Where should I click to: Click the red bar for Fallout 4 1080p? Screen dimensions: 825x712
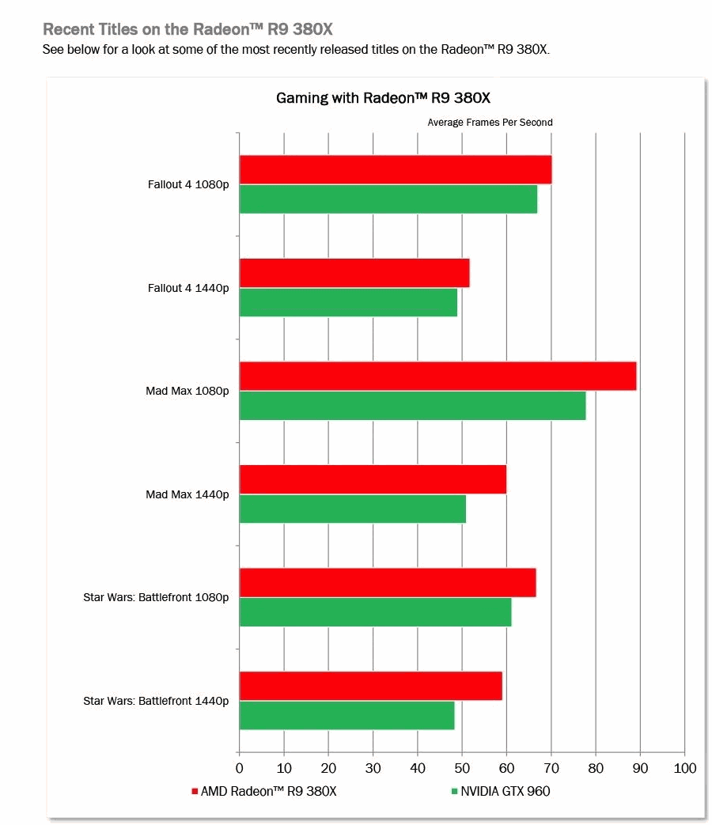click(395, 169)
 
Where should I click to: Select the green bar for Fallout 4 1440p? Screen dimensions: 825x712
click(348, 302)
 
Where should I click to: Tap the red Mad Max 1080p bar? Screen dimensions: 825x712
click(437, 376)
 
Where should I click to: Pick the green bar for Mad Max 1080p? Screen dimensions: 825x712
click(412, 405)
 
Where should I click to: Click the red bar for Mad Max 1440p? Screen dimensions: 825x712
click(373, 479)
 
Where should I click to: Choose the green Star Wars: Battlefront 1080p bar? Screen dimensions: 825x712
click(375, 612)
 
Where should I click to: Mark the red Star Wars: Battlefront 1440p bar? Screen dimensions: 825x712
click(370, 686)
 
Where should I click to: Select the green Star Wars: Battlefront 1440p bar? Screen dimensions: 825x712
click(347, 715)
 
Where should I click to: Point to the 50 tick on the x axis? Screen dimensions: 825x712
click(462, 768)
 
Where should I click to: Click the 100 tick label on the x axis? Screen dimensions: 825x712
click(684, 768)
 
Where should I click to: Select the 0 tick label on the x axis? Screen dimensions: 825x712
click(240, 768)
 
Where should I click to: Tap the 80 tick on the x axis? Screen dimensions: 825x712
click(596, 768)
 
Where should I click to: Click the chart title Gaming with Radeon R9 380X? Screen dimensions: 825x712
click(383, 98)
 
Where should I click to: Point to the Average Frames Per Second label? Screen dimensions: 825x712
click(490, 123)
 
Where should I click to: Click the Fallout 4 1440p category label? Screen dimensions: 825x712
click(188, 288)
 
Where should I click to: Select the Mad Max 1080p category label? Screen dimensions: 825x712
click(187, 391)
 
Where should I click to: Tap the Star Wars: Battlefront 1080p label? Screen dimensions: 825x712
click(156, 597)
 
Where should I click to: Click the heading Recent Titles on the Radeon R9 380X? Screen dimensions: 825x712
click(187, 29)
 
